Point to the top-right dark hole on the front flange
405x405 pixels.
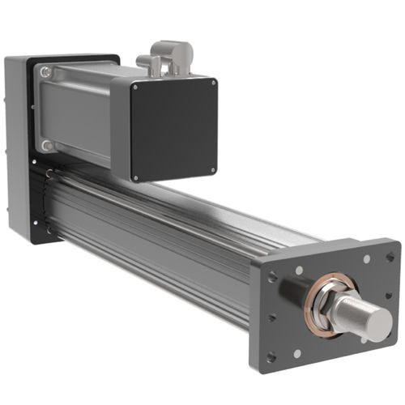pyautogui.click(x=390, y=257)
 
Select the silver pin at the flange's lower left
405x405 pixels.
pyautogui.click(x=297, y=353)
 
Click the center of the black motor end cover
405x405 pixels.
pyautogui.click(x=175, y=128)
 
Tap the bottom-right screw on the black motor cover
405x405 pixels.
pyautogui.click(x=213, y=171)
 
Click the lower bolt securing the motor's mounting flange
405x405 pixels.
pyautogui.click(x=47, y=146)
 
